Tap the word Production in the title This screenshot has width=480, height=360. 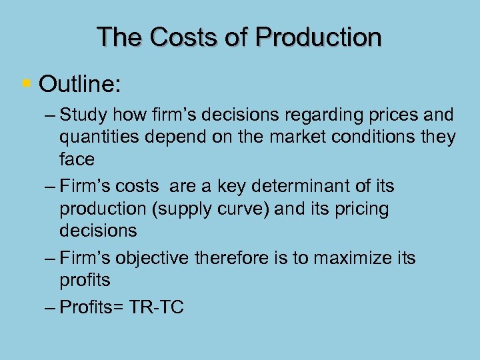coord(319,37)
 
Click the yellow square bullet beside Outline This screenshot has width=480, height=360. coord(26,84)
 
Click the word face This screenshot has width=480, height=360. coord(77,159)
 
